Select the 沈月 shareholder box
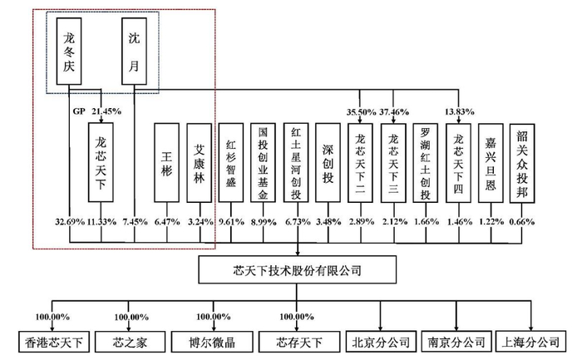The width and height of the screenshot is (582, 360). point(136,49)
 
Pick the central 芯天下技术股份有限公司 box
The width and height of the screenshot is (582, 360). point(298,270)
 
